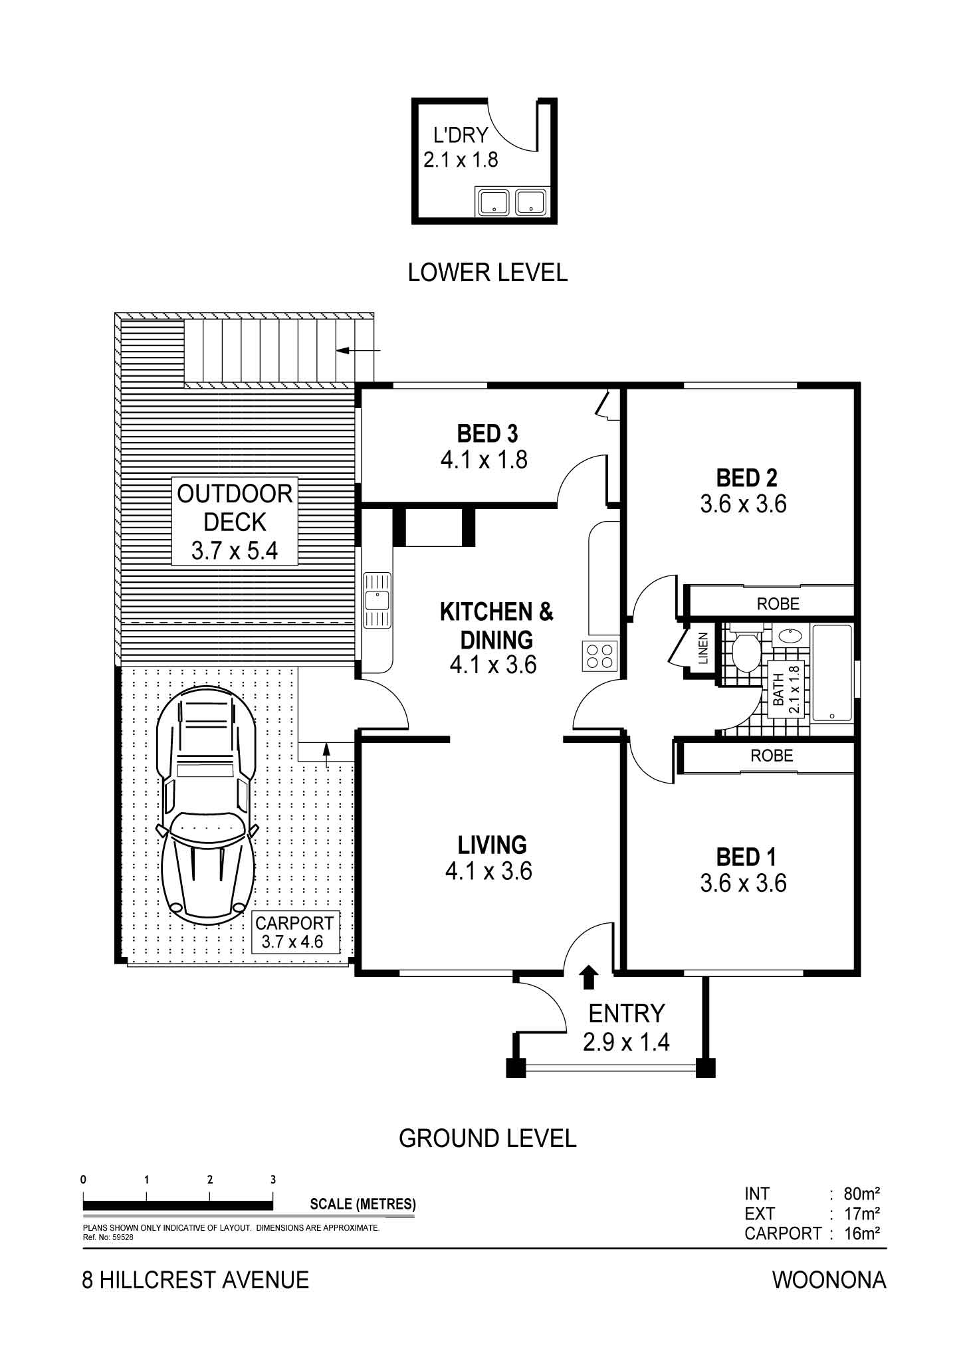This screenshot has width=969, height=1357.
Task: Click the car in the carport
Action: click(x=206, y=803)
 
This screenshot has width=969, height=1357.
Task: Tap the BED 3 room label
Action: click(x=487, y=434)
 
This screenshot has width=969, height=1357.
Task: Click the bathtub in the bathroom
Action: click(x=831, y=673)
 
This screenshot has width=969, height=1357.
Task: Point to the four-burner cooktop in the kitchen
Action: click(x=600, y=655)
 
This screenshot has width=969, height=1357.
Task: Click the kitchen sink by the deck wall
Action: click(x=377, y=600)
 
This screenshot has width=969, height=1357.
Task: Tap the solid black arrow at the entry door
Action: click(x=589, y=978)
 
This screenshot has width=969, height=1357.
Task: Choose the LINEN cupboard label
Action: click(x=702, y=649)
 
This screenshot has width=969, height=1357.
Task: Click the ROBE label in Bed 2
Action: click(x=778, y=603)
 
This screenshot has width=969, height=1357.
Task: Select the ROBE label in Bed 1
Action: click(x=772, y=756)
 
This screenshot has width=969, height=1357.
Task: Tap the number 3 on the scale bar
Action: click(x=273, y=1180)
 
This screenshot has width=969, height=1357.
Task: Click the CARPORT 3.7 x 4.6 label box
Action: click(x=294, y=932)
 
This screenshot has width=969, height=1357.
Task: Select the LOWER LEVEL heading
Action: click(x=488, y=272)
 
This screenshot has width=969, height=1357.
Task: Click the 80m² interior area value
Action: click(x=862, y=1194)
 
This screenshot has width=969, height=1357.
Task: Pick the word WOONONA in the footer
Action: click(x=829, y=1280)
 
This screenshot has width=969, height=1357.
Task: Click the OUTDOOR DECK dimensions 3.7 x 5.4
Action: click(x=235, y=550)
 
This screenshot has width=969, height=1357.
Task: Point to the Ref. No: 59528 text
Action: click(x=108, y=1237)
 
